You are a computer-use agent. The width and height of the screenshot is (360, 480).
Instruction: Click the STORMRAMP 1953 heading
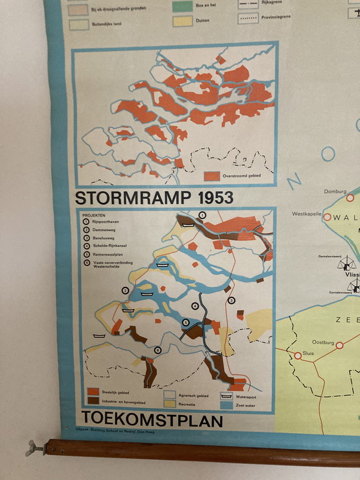[x=154, y=198]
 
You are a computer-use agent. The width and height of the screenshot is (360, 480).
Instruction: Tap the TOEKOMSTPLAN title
[x=152, y=420]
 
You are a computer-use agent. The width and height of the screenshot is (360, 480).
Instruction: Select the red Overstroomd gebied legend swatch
[x=212, y=176]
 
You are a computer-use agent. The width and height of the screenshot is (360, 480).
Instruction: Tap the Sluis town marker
[x=298, y=355]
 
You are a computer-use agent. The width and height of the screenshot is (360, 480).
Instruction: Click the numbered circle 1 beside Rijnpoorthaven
[x=85, y=221]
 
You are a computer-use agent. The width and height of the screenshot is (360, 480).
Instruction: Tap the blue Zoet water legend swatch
[x=226, y=406]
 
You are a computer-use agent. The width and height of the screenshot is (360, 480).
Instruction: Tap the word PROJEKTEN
[x=94, y=215]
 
